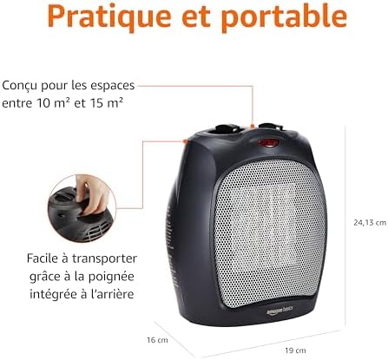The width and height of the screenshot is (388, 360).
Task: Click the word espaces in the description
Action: (116, 87)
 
